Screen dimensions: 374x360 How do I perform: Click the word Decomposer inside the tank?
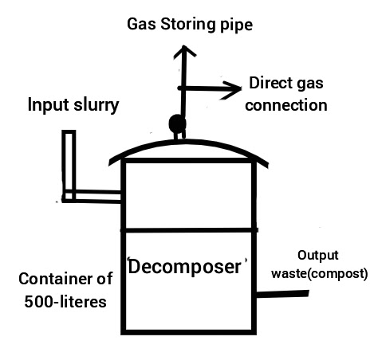[x=184, y=267]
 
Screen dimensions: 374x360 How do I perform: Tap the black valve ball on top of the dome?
[x=177, y=123]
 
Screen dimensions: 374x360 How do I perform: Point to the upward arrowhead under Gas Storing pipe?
[x=184, y=51]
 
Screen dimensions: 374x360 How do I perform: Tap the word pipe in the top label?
[x=236, y=25]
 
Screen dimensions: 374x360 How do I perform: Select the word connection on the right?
[x=286, y=105]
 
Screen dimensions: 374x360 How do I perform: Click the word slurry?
[x=96, y=105]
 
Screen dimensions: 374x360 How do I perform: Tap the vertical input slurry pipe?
[x=69, y=165]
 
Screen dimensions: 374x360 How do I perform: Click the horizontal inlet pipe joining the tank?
[x=92, y=196]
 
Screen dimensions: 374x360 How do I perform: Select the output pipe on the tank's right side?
[x=282, y=294]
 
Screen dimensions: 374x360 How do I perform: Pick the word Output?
[x=318, y=256]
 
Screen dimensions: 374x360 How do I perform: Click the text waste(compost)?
[x=320, y=274]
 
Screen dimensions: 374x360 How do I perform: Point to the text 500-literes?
[x=65, y=302]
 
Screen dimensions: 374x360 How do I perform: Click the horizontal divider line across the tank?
[x=189, y=230]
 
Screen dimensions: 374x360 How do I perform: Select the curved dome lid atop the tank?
[x=188, y=143]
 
